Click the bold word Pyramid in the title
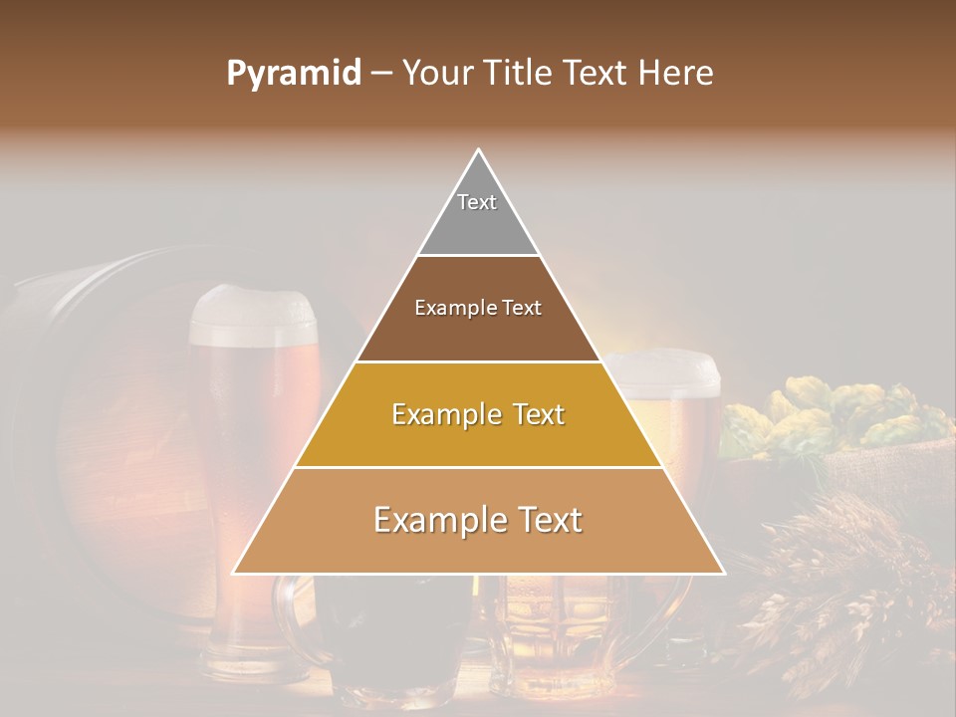point(293,74)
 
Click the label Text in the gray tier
point(477,202)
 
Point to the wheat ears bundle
point(846,588)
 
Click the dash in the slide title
point(381,74)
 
